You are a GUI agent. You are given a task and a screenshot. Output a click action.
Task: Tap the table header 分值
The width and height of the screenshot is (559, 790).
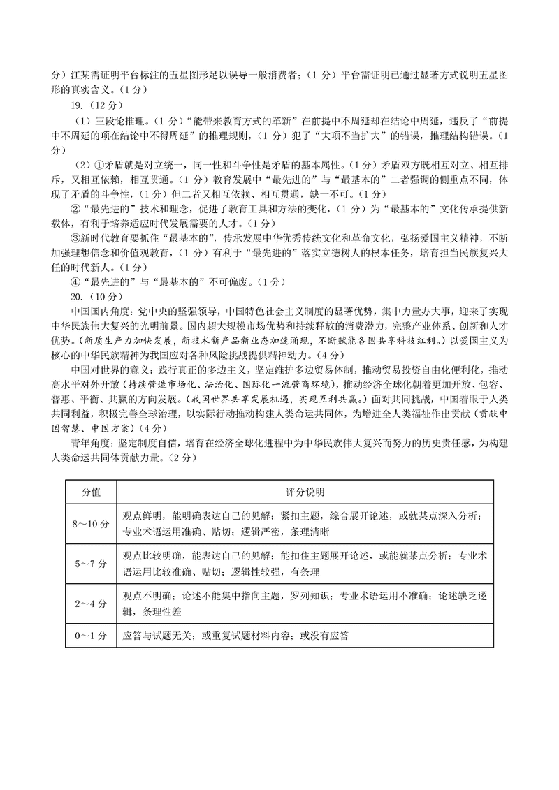point(92,492)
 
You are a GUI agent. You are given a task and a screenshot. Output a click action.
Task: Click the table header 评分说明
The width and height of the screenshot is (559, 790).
point(305,492)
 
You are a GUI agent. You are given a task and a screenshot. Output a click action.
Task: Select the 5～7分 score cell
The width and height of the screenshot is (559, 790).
point(92,563)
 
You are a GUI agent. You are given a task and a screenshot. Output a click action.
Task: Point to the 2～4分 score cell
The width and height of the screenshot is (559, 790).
point(92,603)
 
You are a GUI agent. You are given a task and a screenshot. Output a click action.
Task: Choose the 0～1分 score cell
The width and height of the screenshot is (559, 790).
point(92,636)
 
